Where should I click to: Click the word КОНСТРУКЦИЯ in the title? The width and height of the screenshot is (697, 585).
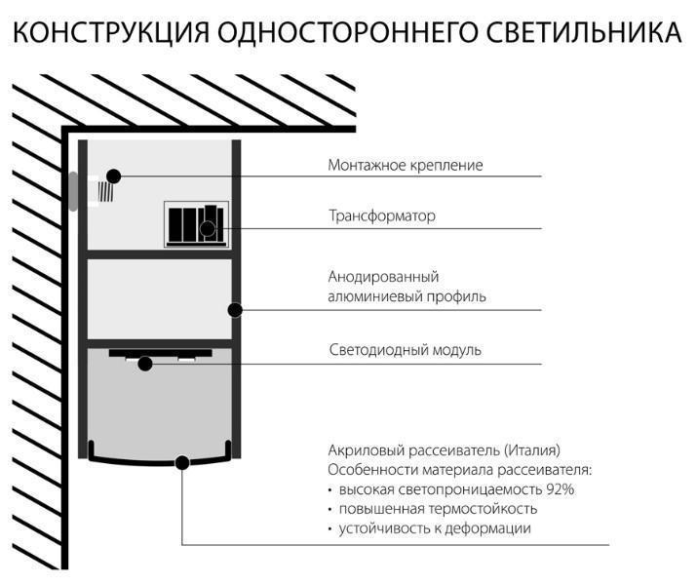coord(108,33)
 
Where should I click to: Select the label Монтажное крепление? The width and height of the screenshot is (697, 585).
coord(405,166)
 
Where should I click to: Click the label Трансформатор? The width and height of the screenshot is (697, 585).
coord(381,215)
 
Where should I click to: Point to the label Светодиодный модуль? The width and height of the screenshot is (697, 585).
coord(404,350)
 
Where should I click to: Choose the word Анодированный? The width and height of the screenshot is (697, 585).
coord(377,277)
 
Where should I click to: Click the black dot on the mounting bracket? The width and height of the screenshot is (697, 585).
coord(114,175)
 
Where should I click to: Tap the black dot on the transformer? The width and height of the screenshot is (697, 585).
coord(207,229)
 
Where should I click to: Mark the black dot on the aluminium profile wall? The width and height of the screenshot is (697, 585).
coord(235,310)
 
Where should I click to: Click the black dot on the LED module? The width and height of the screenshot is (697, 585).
coord(145,364)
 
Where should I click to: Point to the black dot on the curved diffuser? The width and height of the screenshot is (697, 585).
coord(182,461)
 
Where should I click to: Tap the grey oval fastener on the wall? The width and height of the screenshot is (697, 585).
coord(72,191)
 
